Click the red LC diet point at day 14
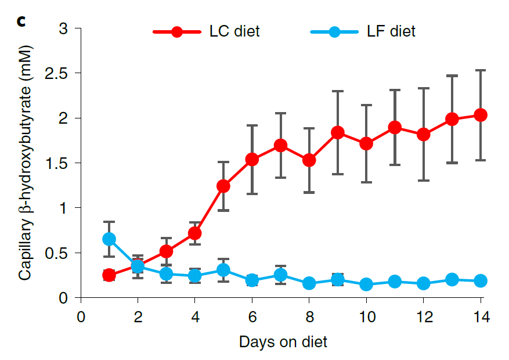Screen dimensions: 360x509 [481, 115]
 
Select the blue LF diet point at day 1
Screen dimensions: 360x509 [109, 239]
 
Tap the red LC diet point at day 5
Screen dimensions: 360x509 [223, 186]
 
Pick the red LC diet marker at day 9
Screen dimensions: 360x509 [338, 132]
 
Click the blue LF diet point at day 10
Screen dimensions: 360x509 [366, 285]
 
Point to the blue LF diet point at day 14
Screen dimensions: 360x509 [481, 281]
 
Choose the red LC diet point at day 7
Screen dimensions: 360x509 [280, 145]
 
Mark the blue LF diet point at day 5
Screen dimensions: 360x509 [223, 270]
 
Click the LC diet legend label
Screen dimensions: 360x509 [234, 31]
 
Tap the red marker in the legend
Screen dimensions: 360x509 [177, 32]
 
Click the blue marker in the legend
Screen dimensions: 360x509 [334, 32]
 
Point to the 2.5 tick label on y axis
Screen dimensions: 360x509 [58, 74]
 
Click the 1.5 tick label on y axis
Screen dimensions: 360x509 [58, 163]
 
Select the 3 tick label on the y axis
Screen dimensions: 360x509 [64, 28]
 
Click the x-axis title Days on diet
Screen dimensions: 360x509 [283, 342]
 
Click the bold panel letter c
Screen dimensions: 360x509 [22, 22]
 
